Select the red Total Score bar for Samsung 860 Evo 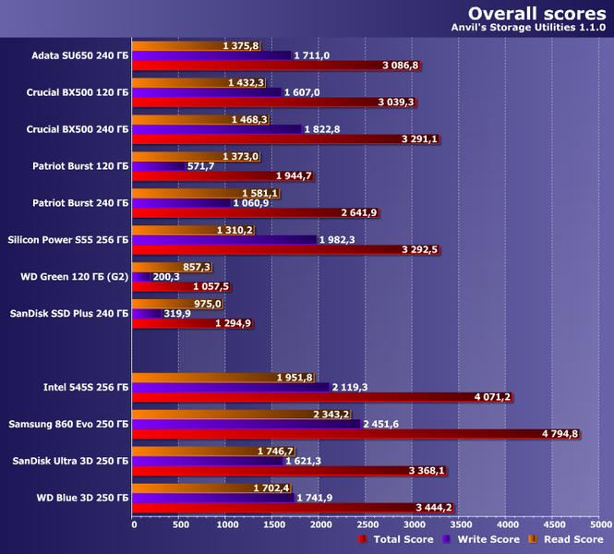(356, 434)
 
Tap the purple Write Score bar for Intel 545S (231, 388)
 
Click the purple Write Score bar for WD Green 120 (142, 276)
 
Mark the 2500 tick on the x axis (367, 524)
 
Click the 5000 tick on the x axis (599, 524)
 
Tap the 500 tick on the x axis (180, 524)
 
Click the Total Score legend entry (398, 539)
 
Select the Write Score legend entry (486, 539)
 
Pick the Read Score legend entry (569, 539)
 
